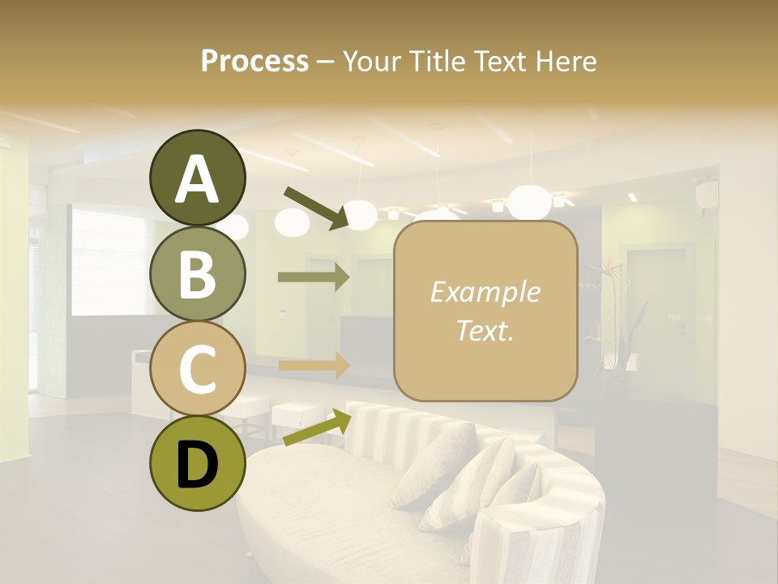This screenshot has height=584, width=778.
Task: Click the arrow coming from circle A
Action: click(316, 207)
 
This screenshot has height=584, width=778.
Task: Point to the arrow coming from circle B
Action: click(314, 277)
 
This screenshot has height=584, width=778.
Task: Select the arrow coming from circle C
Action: click(314, 365)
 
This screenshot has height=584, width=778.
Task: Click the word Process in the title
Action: click(254, 61)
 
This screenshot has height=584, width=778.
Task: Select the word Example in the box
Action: click(485, 292)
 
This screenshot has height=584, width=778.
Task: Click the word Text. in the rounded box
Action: click(485, 330)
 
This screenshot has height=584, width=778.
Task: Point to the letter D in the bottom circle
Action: click(198, 466)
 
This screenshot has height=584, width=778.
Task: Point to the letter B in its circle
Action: click(198, 274)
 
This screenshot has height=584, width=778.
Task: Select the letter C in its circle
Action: click(198, 369)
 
